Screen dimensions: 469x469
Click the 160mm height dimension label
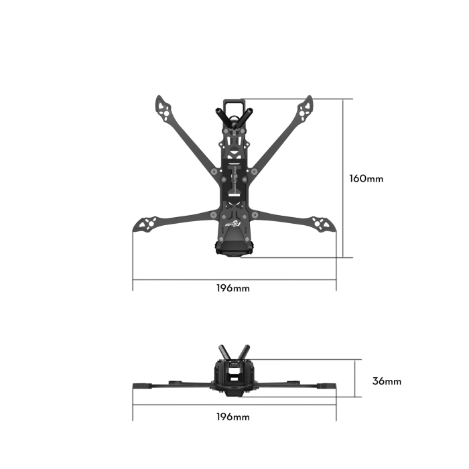366,179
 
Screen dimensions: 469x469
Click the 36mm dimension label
387,381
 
